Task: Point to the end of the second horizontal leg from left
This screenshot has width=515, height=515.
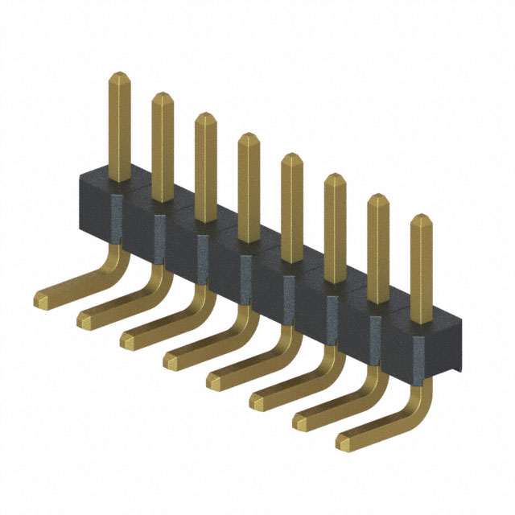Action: (84, 321)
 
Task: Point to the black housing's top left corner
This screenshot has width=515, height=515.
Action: (80, 174)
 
